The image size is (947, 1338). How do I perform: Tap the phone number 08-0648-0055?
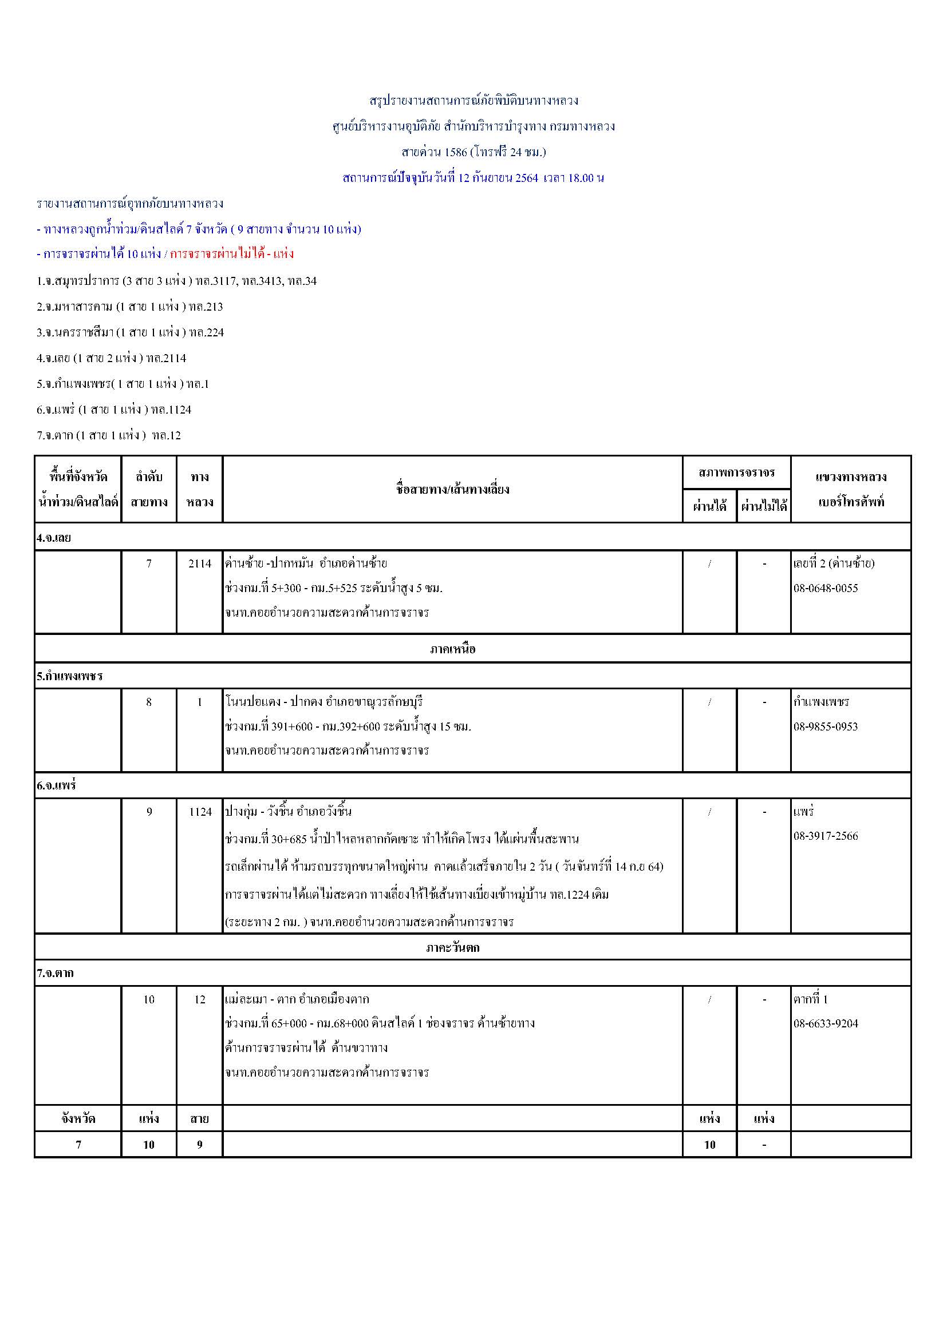825,588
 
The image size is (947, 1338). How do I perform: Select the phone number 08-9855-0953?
825,726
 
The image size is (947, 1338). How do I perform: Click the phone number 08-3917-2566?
825,836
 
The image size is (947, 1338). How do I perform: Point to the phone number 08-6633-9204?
825,1024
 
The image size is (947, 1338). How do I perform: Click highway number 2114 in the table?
199,563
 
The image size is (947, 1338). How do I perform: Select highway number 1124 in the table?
199,812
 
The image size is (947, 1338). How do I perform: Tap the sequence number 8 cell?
149,702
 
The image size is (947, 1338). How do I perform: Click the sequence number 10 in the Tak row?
149,999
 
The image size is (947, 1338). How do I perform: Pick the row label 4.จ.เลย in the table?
54,538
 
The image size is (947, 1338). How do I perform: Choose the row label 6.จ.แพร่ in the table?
57,785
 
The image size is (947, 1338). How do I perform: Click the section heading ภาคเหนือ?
452,649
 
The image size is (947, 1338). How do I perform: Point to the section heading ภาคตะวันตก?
452,947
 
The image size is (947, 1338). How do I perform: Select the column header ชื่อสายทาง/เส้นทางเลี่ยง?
452,490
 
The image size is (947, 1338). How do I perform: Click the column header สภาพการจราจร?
736,473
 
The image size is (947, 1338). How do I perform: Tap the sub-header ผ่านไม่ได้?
764,506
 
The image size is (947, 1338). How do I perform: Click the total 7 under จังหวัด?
78,1145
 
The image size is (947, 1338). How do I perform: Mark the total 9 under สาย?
199,1145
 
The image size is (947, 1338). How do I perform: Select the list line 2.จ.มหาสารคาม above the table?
129,307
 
